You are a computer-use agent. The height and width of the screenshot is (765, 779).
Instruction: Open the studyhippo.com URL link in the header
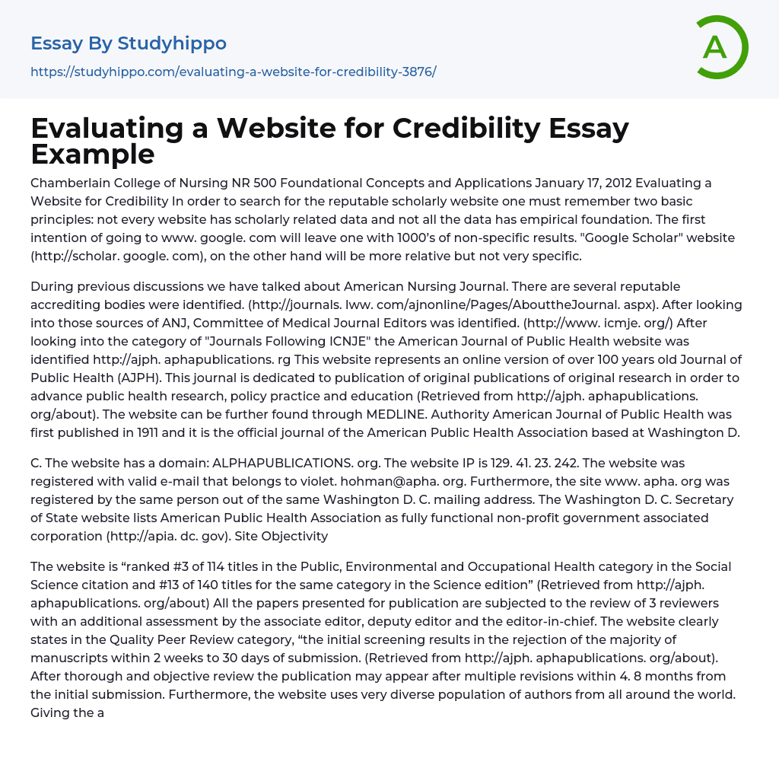[x=233, y=72]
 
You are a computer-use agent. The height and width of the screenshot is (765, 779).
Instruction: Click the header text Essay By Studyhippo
[x=129, y=43]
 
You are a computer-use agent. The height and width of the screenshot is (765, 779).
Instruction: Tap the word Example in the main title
[x=93, y=154]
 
